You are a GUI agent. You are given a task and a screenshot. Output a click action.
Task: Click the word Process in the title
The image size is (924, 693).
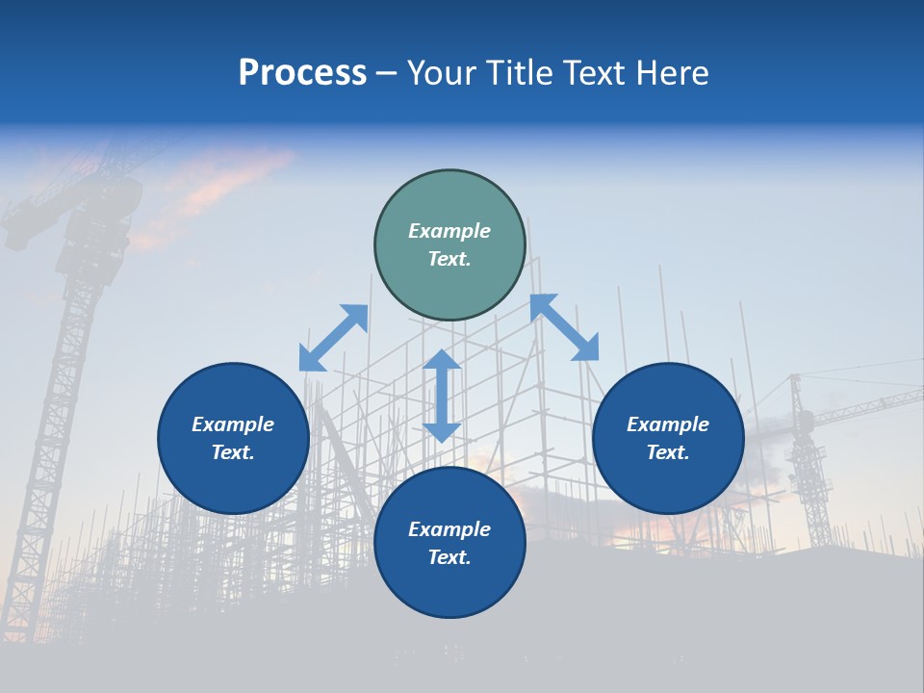(302, 73)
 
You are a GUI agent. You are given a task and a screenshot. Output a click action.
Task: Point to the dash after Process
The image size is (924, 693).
(386, 75)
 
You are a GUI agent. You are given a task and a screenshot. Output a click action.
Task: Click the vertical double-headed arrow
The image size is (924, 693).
(442, 396)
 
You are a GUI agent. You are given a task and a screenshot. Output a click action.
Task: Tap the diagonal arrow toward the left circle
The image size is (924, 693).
(333, 338)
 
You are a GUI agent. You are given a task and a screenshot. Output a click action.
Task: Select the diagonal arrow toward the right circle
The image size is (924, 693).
(564, 327)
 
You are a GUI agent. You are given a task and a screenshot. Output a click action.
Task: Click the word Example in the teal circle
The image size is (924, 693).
(449, 231)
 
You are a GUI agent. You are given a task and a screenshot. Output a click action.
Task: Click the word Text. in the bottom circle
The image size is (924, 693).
(449, 557)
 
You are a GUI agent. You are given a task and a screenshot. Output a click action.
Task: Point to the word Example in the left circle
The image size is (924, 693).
(233, 424)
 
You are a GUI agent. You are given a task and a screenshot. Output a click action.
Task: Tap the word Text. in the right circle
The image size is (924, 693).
(668, 452)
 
